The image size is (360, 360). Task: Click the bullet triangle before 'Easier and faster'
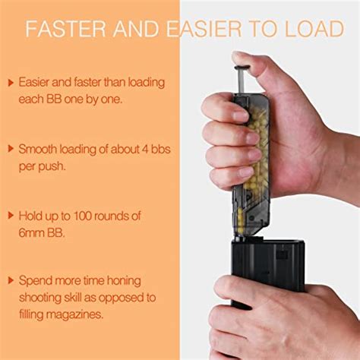[11, 82]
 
